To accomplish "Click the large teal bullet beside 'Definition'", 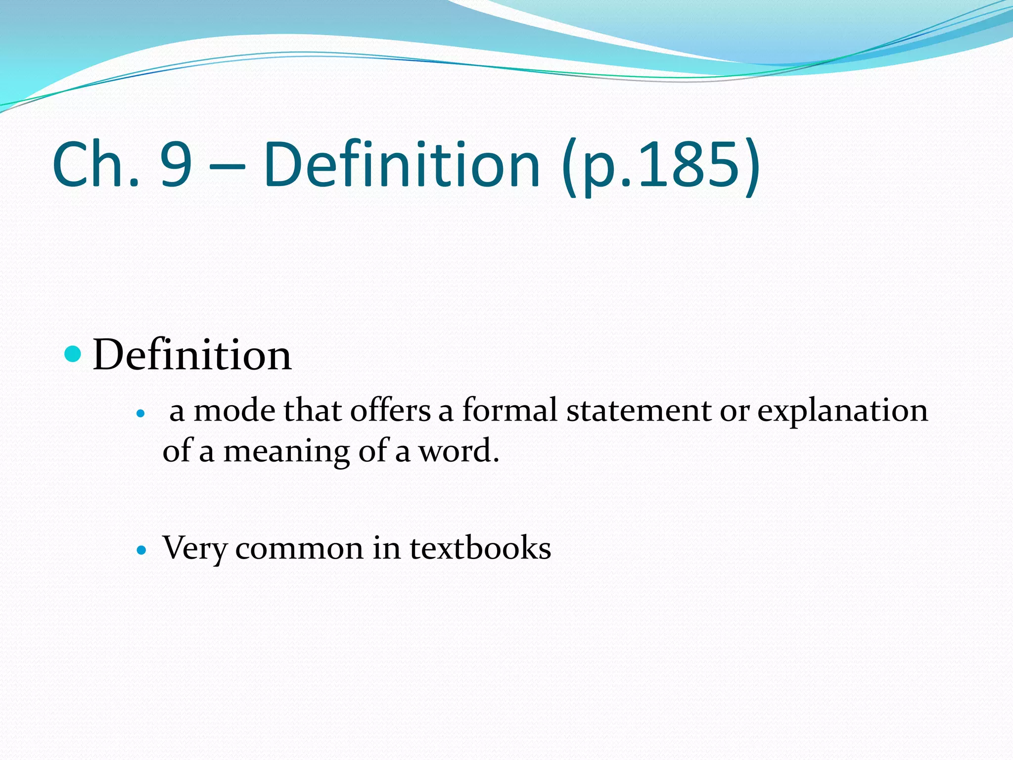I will click(x=73, y=354).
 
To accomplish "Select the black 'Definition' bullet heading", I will click(x=192, y=355).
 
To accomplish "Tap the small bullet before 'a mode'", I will click(x=141, y=413).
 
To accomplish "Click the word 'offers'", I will click(x=390, y=411).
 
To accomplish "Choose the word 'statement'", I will click(x=639, y=411).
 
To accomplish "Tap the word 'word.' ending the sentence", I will click(x=459, y=451).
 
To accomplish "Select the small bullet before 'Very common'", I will click(x=141, y=550).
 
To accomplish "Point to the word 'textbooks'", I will click(x=480, y=548).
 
